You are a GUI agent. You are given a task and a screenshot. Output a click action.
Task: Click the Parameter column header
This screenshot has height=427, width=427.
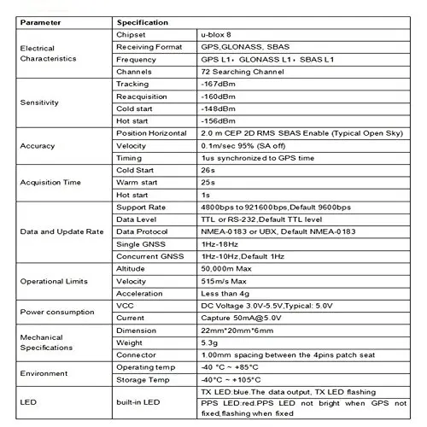pos(44,20)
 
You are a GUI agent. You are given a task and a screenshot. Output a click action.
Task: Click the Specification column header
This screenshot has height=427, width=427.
pos(146,20)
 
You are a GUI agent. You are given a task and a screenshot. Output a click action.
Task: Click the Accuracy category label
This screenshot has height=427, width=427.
pos(38,145)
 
